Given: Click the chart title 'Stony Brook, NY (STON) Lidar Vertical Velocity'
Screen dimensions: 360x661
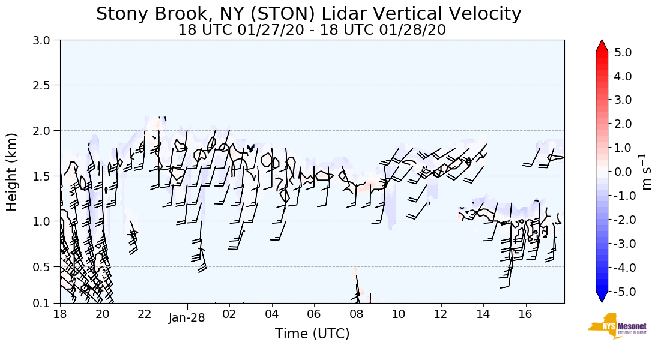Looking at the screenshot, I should click(x=309, y=13).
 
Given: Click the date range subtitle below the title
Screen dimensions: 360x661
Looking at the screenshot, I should click(x=312, y=30).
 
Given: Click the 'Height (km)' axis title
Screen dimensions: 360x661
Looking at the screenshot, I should click(x=12, y=172).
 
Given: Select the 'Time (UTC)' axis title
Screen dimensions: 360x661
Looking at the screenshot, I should click(x=312, y=334).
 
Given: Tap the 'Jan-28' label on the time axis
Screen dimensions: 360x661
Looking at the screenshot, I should click(x=187, y=318).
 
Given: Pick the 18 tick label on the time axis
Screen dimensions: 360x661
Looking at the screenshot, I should click(x=60, y=314).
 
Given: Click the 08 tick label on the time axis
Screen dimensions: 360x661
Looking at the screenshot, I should click(x=356, y=314).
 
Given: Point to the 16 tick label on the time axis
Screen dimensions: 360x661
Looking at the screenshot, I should click(x=525, y=314).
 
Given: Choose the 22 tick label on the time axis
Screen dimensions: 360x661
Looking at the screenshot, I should click(x=145, y=314).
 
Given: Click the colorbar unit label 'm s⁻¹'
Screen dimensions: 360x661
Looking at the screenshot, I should click(x=647, y=172).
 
